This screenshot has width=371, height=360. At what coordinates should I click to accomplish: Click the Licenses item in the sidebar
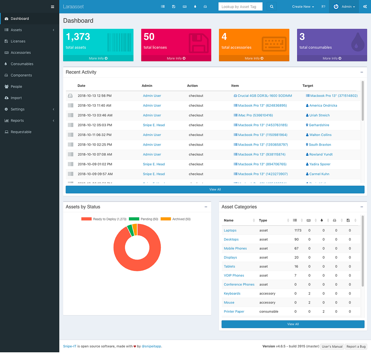pos(18,41)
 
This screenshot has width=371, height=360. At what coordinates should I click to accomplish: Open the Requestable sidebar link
pos(21,132)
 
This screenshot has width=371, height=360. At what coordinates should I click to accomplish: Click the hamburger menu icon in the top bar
pos(53,6)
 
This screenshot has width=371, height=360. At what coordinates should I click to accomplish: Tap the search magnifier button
pos(271,6)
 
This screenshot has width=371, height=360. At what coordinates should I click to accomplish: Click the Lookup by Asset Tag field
pos(240,6)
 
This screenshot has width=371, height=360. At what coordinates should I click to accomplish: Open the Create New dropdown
pos(303,6)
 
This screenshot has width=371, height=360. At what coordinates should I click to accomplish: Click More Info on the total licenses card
pos(176,58)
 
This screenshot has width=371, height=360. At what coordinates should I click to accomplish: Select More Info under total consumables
pos(332,58)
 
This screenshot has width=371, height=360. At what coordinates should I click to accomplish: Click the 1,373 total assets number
pos(78,37)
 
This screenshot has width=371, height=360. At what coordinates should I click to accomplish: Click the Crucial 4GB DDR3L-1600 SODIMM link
pos(264,96)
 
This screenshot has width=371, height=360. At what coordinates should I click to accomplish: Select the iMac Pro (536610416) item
pos(255,115)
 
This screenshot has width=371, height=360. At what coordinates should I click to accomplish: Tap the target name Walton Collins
pos(320,135)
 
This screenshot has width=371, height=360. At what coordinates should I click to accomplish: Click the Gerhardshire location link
pos(319,125)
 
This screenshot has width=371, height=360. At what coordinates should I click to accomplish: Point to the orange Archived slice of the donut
pos(135,229)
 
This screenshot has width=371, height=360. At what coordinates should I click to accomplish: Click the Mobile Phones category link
pos(235,248)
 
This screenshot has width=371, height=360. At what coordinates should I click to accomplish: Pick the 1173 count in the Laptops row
pos(298,231)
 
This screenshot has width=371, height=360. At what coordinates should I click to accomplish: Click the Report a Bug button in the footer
pos(356,346)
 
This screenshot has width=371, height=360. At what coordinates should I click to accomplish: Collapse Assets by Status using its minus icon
pos(206,207)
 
